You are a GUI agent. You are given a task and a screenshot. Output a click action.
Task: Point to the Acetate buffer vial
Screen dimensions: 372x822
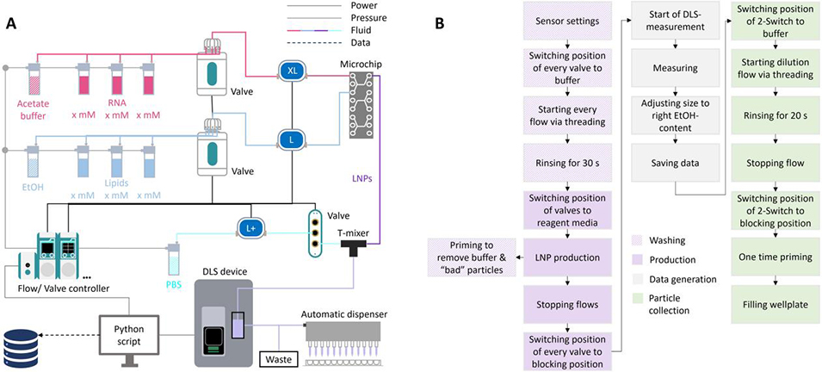[x=35, y=80]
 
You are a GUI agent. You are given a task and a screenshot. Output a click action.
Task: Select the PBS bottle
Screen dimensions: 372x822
[x=174, y=257]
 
